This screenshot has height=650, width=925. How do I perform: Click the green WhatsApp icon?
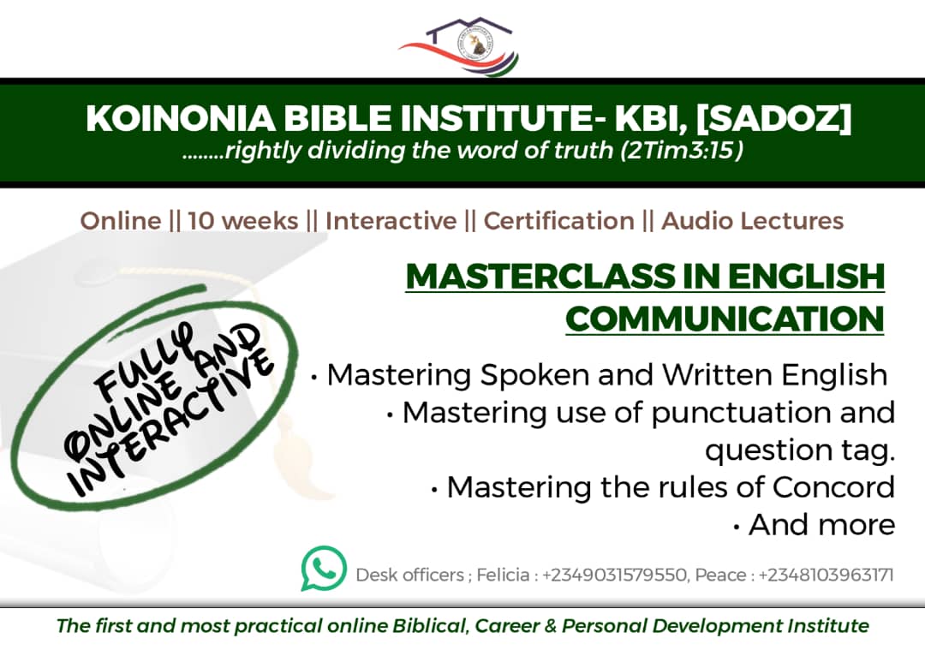pyautogui.click(x=324, y=568)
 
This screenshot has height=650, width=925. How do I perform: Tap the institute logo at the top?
pyautogui.click(x=459, y=45)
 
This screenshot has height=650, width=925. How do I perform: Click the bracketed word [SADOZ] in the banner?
pyautogui.click(x=774, y=118)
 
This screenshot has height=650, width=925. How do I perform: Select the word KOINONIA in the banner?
pyautogui.click(x=181, y=118)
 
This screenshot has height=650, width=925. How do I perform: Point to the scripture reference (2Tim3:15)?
pyautogui.click(x=682, y=151)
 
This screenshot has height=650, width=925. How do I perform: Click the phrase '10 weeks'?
pyautogui.click(x=243, y=221)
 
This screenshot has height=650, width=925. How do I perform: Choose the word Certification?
pyautogui.click(x=559, y=221)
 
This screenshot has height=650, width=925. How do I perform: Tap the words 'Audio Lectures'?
pyautogui.click(x=753, y=221)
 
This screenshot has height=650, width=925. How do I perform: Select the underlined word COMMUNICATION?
pyautogui.click(x=725, y=319)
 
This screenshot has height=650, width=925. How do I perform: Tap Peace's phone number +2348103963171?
pyautogui.click(x=827, y=575)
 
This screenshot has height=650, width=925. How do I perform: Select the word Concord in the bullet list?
pyautogui.click(x=834, y=487)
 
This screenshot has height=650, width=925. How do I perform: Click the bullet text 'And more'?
pyautogui.click(x=821, y=525)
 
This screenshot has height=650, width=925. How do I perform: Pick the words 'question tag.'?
pyautogui.click(x=801, y=450)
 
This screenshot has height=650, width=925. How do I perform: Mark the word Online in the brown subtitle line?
pyautogui.click(x=121, y=221)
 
